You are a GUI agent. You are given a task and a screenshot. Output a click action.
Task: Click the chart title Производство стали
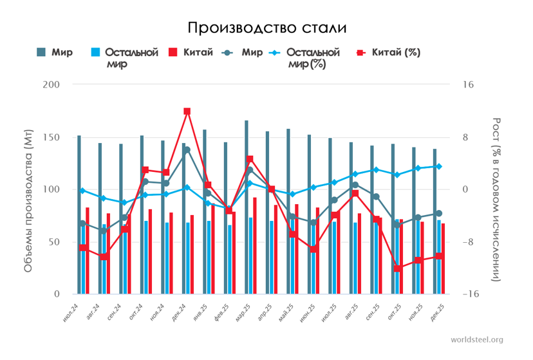(x=266, y=28)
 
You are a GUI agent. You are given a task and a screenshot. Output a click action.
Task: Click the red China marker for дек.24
(x=187, y=111)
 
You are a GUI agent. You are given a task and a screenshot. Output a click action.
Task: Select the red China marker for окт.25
(x=398, y=268)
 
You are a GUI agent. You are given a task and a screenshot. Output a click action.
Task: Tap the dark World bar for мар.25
(x=247, y=207)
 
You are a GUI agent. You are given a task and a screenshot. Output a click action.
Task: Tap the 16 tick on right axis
(x=467, y=85)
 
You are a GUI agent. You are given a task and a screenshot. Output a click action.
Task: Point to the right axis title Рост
(x=496, y=200)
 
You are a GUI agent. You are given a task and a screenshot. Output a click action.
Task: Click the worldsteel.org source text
(x=477, y=339)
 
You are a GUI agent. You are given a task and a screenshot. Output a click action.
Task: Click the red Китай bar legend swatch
(x=173, y=53)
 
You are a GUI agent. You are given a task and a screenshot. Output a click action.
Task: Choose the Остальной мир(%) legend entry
(x=312, y=58)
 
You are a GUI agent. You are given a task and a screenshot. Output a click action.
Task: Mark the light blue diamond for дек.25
(x=439, y=166)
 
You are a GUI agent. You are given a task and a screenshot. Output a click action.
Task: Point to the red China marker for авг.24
(x=104, y=257)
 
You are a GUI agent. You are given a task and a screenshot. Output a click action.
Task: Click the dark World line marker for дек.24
(x=187, y=150)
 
